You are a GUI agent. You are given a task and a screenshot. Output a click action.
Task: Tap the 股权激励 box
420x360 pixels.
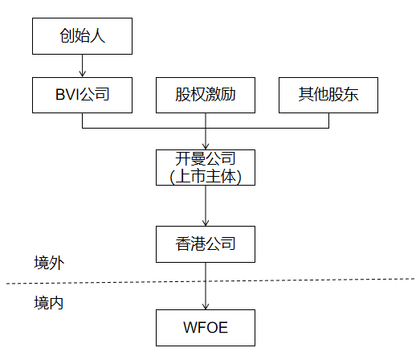tap(206, 96)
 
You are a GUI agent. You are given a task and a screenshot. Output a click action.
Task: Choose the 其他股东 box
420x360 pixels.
tap(328, 96)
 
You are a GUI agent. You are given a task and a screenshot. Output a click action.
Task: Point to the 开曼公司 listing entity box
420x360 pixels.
tap(206, 167)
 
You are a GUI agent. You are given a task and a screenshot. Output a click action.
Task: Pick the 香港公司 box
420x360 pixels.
tap(206, 243)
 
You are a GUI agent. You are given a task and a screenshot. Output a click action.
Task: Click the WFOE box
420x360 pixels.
tap(206, 328)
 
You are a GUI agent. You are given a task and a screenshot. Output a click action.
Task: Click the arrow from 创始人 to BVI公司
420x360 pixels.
tap(82, 65)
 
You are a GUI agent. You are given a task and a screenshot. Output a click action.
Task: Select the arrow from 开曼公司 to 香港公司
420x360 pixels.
tap(206, 206)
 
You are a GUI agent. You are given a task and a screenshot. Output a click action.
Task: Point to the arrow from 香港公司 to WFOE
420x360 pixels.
tap(206, 287)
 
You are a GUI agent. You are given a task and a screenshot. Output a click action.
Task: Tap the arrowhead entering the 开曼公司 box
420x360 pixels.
tap(206, 144)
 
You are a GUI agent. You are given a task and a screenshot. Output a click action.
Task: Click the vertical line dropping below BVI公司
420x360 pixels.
tap(82, 120)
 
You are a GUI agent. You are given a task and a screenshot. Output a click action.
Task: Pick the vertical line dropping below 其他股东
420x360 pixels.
tap(328, 120)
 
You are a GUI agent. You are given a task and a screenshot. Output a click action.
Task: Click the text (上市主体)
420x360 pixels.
tap(206, 176)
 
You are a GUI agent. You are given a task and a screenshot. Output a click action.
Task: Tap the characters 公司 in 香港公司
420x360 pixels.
tap(220, 243)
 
